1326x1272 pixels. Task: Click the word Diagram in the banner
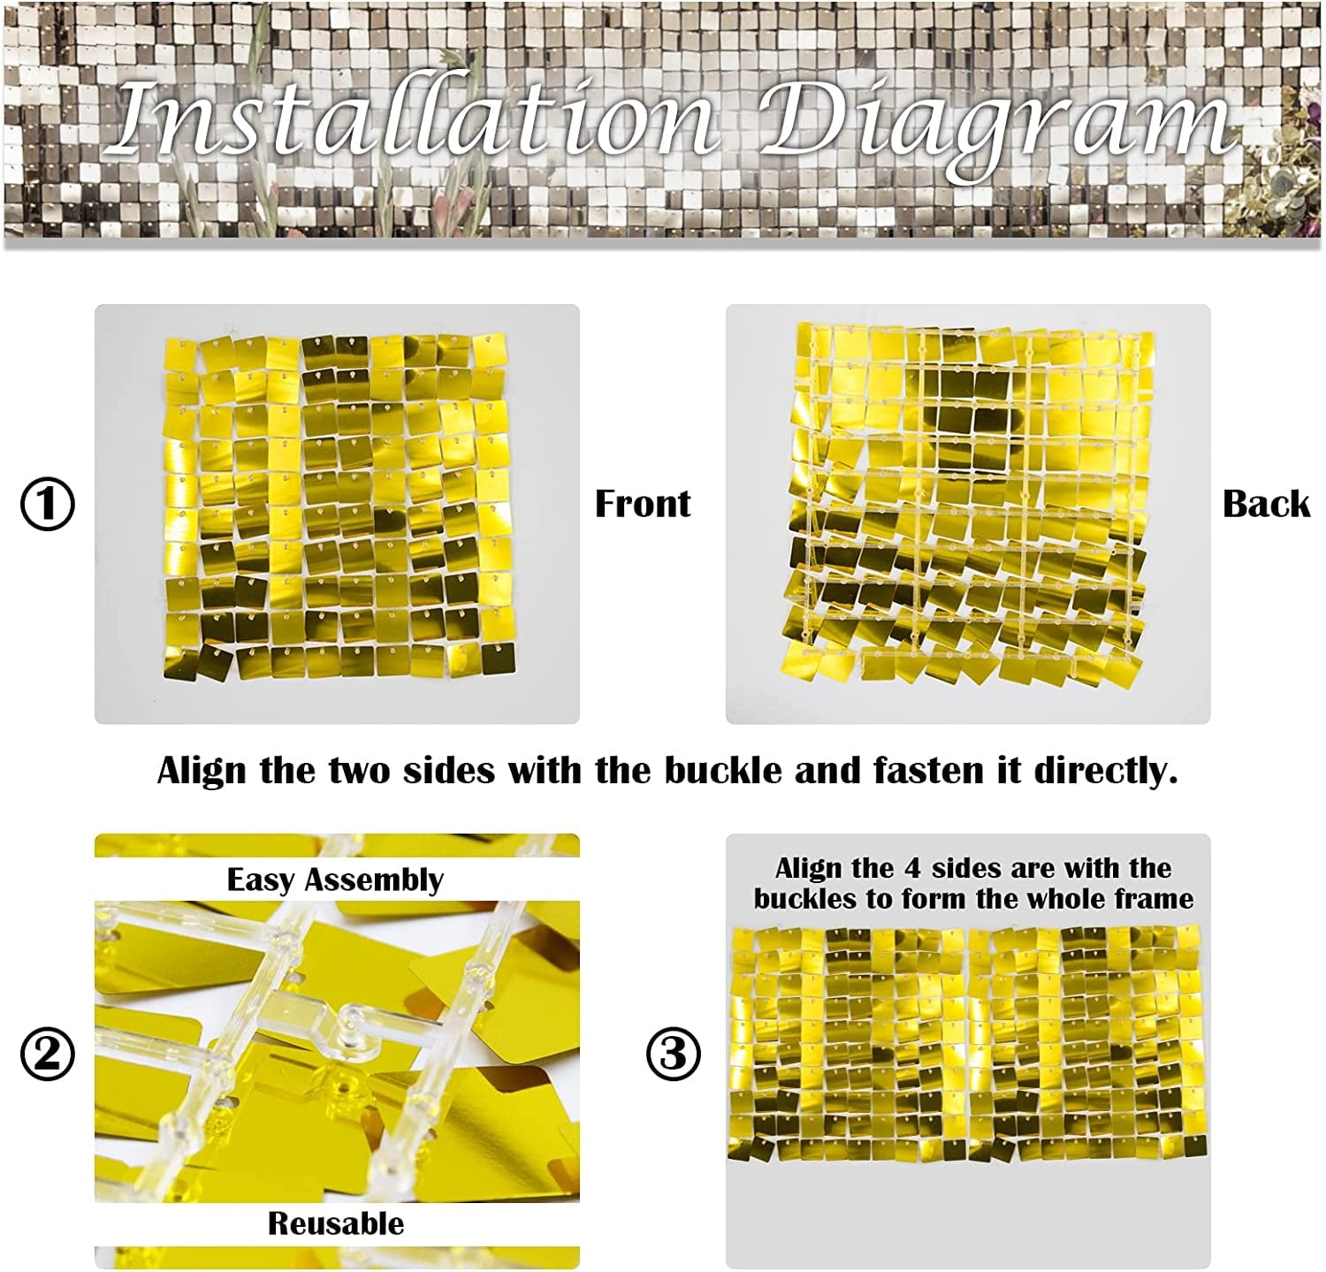coord(995,128)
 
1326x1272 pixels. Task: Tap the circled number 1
coord(48,504)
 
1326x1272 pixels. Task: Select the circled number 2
coord(48,1054)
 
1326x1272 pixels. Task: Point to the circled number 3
coord(674,1054)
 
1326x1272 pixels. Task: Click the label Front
coord(643,504)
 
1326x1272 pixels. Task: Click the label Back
coord(1266,504)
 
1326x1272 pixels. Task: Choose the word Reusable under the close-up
coord(336,1223)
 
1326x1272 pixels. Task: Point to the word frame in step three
coord(1153,899)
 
